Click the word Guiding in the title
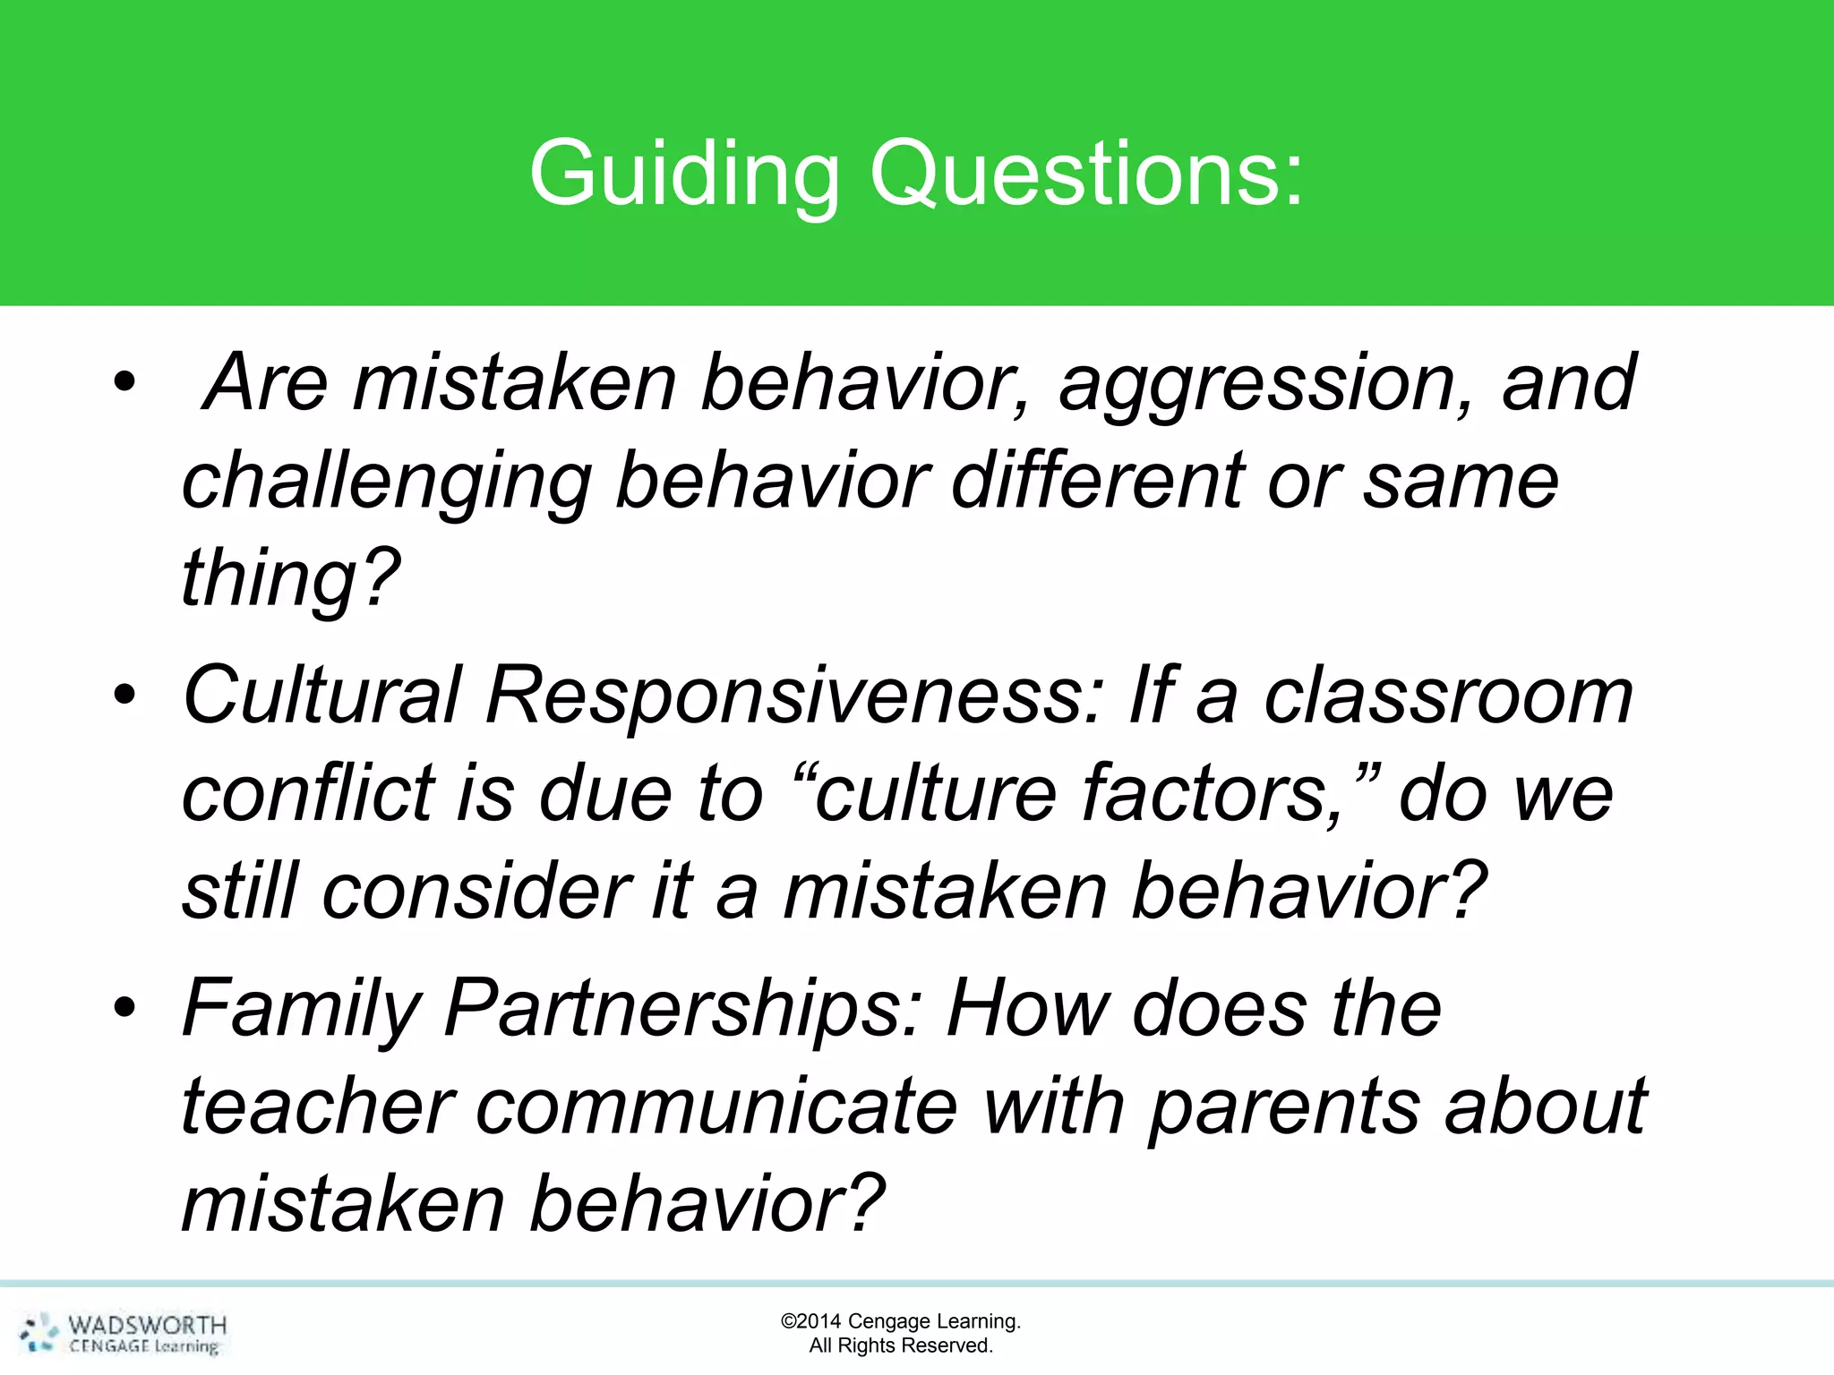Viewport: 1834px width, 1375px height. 684,175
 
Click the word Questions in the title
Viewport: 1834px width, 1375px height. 1085,175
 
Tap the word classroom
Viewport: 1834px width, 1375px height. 1448,696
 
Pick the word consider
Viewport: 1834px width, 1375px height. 476,892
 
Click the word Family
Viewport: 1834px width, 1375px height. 301,1010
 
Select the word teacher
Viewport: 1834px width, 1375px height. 317,1108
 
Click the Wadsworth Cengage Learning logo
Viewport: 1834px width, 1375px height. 124,1334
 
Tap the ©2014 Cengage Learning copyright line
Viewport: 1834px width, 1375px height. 900,1321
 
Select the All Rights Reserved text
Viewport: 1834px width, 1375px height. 900,1345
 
